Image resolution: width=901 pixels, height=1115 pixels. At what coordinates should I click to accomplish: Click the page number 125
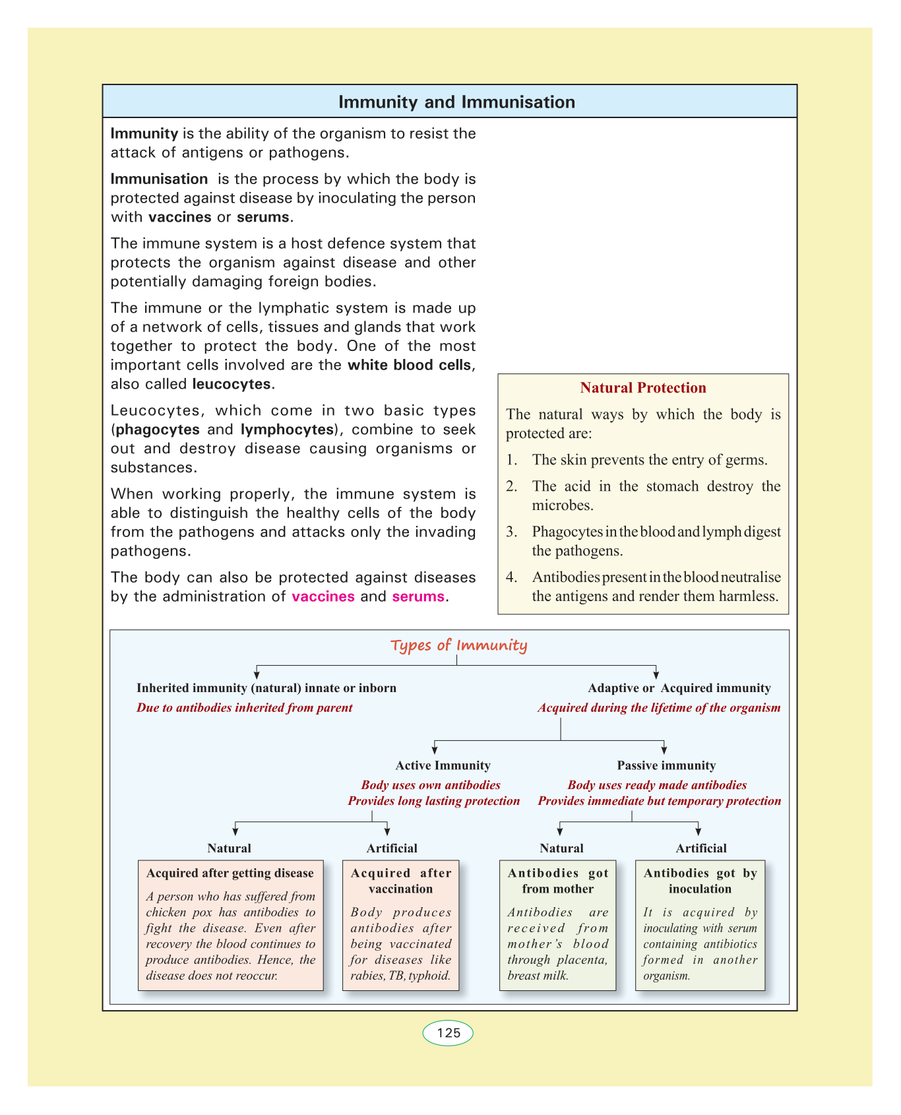point(448,1033)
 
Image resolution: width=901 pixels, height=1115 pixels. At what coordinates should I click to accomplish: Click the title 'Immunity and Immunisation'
point(456,102)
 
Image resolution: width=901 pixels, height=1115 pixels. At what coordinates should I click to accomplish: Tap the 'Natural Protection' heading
point(643,388)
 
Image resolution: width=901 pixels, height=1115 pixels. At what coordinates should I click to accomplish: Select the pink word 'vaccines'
point(323,597)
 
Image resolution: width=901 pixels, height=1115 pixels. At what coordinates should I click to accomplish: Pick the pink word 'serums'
point(418,597)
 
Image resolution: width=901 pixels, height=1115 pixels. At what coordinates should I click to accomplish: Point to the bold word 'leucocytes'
point(232,384)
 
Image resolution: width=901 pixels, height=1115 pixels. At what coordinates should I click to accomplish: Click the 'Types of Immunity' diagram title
point(458,645)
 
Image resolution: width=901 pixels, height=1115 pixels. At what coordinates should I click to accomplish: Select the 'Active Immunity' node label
point(443,765)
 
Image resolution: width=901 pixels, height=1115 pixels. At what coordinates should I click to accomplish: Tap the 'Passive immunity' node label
point(666,765)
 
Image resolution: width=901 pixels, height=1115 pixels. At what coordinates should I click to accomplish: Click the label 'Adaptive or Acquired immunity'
point(679,688)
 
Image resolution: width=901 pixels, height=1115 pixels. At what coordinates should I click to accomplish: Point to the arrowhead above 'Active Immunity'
point(435,749)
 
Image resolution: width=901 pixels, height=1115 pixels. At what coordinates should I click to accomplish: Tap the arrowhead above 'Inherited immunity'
point(256,674)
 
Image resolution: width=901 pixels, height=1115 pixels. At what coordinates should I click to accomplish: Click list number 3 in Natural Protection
point(511,532)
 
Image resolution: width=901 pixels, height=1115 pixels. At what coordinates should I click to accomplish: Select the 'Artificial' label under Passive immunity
point(701,848)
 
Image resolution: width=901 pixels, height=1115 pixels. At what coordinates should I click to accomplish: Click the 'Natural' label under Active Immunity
point(229,848)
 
